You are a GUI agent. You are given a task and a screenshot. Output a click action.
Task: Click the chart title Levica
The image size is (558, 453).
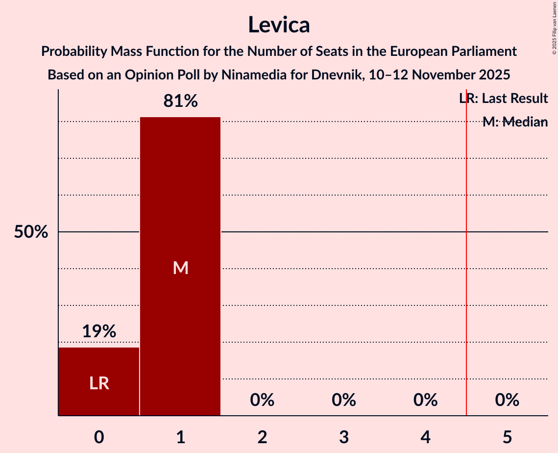click(279, 25)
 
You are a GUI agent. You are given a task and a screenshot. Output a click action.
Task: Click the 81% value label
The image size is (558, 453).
click(180, 101)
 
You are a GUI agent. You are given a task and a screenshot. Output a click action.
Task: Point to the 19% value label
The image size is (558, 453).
click(98, 331)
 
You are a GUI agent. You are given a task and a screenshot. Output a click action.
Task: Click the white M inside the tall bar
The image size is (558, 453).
click(180, 268)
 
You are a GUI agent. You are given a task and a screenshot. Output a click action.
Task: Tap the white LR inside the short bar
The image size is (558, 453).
click(98, 383)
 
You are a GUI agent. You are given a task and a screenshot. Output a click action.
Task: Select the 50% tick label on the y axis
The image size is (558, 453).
click(31, 232)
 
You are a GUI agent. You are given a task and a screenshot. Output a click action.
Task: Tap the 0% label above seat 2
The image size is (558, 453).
click(262, 401)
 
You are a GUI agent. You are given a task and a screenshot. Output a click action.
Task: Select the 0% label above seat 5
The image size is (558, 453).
click(507, 401)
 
